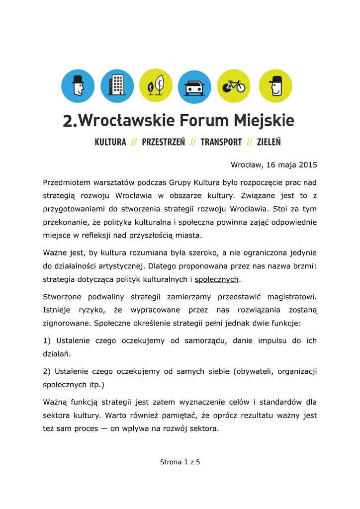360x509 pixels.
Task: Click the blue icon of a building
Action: point(117,86)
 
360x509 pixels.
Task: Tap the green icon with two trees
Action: point(156,86)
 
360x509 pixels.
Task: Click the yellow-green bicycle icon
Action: point(234,86)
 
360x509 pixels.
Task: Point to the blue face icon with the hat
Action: point(78,86)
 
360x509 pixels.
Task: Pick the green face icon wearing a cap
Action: point(275,86)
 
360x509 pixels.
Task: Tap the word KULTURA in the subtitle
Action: point(110,142)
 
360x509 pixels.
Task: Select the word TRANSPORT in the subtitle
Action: point(221,142)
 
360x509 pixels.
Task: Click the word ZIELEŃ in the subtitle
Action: point(269,142)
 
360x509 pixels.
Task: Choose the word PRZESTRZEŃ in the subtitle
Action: point(163,142)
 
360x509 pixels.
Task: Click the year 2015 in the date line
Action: point(308,165)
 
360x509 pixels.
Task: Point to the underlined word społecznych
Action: point(217,279)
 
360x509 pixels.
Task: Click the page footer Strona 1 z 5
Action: point(180,462)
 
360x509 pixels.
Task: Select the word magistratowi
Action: point(292,297)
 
